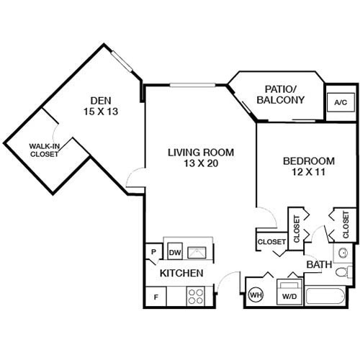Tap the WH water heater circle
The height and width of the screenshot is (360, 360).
pos(256,294)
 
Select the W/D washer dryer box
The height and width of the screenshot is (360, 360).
pos(290,294)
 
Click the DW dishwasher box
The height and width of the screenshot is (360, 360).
pos(175,252)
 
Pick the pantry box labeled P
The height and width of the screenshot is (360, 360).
pos(153,252)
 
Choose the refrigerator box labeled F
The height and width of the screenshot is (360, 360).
pos(154,295)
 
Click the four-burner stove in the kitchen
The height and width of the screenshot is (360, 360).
pos(196,295)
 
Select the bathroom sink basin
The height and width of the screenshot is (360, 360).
pos(343,253)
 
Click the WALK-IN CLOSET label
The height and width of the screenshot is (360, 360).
pos(44,150)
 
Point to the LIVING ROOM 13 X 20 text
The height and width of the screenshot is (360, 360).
pos(192,158)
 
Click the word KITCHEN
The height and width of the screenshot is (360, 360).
pos(181,274)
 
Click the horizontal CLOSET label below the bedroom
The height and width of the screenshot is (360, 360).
pos(271,242)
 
